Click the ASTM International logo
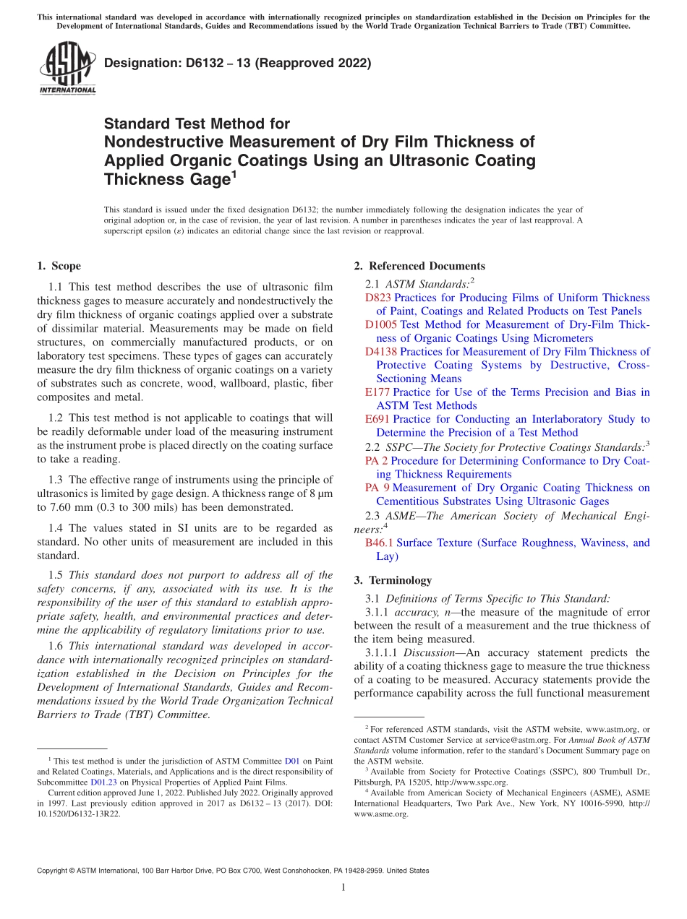[x=67, y=69]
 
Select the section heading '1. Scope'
[x=59, y=266]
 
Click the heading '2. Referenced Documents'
[x=419, y=266]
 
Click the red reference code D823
[x=377, y=298]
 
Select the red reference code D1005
[x=381, y=325]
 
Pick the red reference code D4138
[x=381, y=352]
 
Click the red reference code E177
[x=377, y=392]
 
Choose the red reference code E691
[x=377, y=419]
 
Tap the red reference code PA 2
[x=376, y=461]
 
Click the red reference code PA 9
[x=376, y=488]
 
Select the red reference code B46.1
[x=379, y=543]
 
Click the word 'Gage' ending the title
[x=205, y=180]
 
